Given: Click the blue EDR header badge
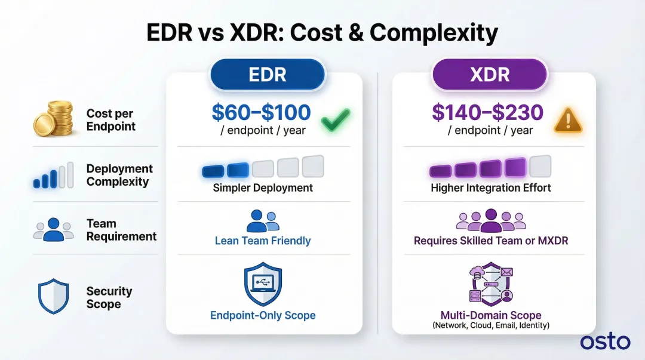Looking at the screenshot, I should click(x=267, y=75).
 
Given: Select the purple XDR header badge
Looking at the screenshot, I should click(x=490, y=75).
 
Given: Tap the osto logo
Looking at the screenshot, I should click(x=604, y=342).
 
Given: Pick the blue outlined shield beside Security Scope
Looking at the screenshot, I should click(x=53, y=297).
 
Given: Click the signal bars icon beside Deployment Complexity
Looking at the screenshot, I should click(x=54, y=175).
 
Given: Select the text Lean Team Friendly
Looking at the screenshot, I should click(x=263, y=241).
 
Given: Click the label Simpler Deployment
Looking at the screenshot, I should click(x=263, y=187).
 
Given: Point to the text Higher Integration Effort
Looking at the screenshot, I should click(x=491, y=187).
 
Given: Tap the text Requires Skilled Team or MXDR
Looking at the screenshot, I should click(x=491, y=241).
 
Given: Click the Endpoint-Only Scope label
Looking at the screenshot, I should click(x=263, y=315).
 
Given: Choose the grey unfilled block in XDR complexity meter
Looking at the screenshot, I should click(x=540, y=167).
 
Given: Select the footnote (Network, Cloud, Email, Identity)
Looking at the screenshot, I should click(x=491, y=325).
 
